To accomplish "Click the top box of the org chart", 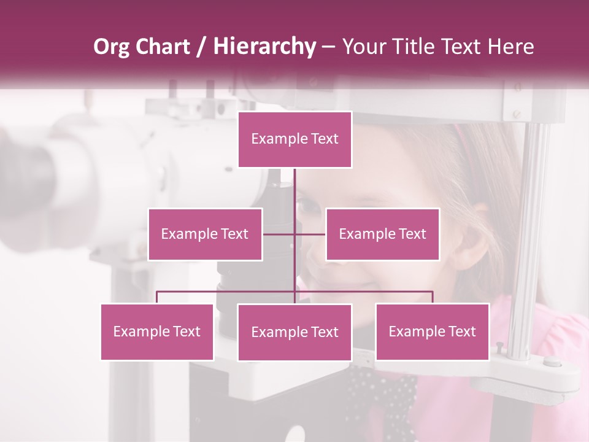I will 295,139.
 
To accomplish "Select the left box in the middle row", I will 205,234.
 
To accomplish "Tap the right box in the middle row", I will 382,234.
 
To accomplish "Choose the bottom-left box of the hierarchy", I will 157,331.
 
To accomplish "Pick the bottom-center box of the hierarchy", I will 294,332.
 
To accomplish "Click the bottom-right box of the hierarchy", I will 432,331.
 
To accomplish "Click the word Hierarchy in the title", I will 264,47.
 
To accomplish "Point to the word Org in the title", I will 111,47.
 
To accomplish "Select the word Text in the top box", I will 324,139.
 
